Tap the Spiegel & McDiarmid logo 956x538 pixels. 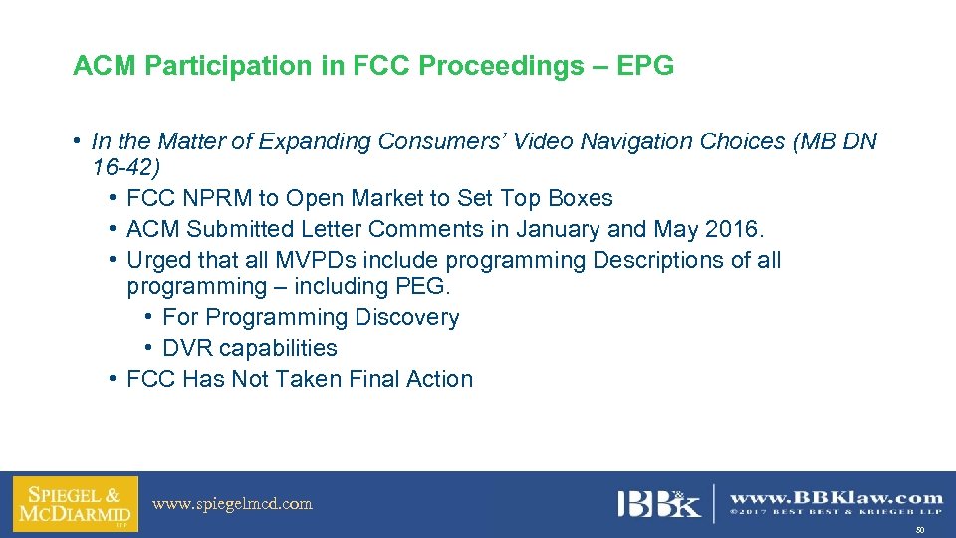click(76, 504)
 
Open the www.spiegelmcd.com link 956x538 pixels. click(232, 504)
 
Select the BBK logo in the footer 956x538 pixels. click(658, 503)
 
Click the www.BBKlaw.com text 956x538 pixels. click(836, 497)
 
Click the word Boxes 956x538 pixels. click(578, 198)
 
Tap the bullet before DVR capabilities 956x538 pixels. click(147, 348)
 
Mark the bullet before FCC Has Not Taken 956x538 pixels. click(113, 379)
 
